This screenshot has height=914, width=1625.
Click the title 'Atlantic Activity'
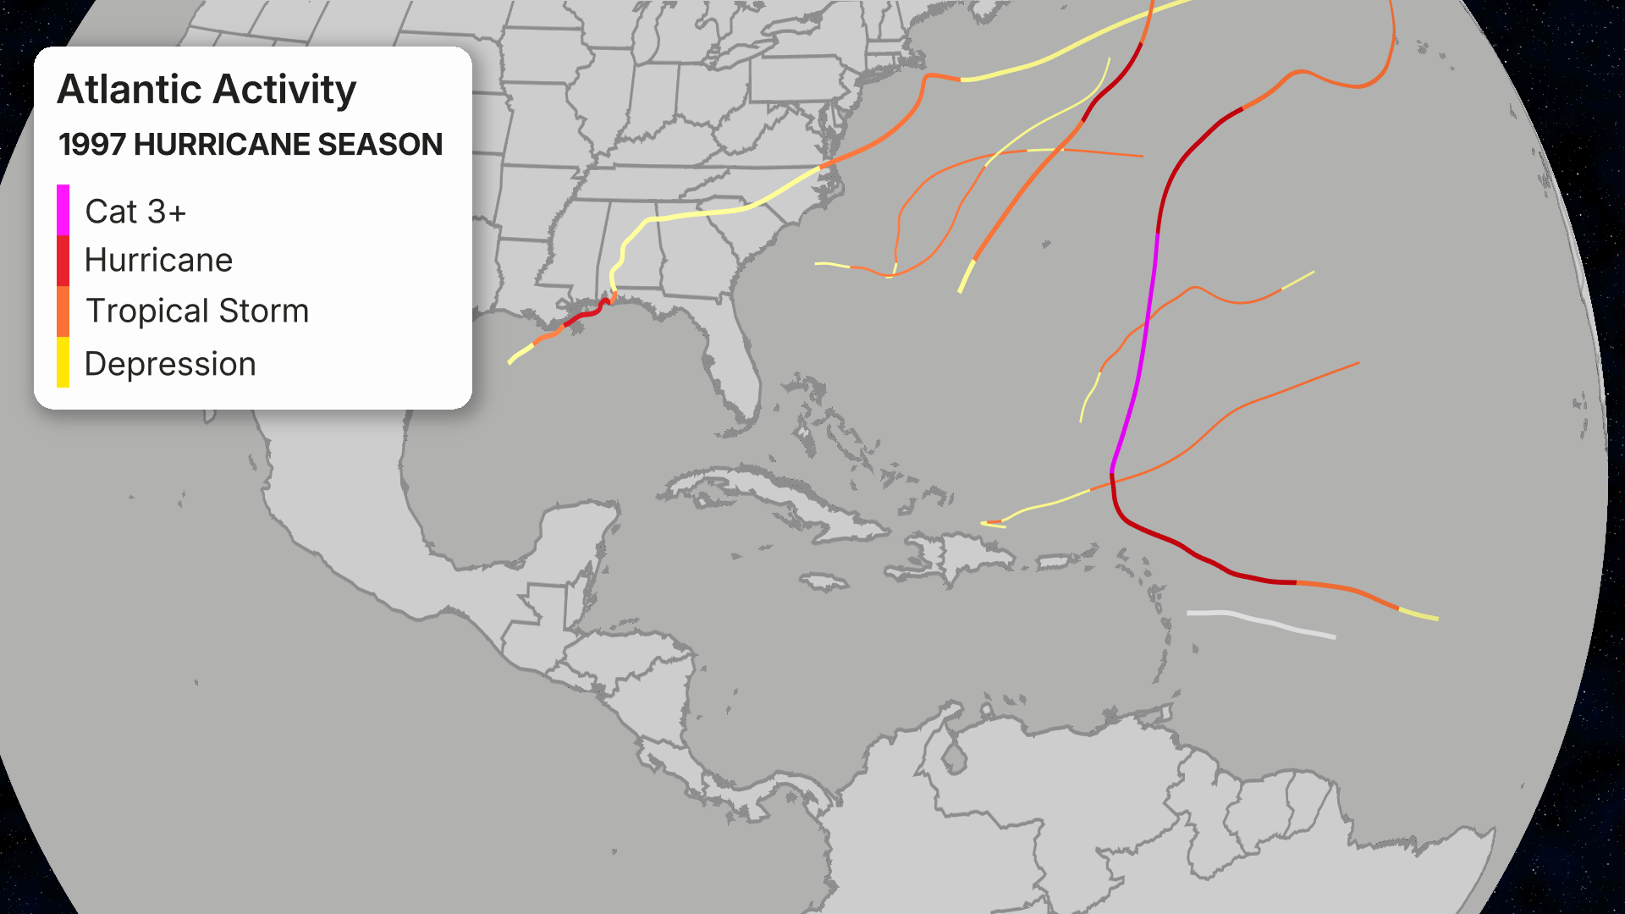[x=207, y=90]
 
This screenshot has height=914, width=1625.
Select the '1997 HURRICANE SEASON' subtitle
[x=251, y=145]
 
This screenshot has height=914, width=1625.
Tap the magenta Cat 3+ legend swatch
[x=63, y=210]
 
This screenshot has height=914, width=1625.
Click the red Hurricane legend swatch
[x=63, y=261]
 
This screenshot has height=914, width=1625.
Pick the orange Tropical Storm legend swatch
[x=63, y=311]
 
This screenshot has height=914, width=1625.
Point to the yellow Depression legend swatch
[x=63, y=362]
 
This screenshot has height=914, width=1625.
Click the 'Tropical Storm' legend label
[x=197, y=311]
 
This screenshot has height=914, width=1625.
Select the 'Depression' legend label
[x=170, y=364]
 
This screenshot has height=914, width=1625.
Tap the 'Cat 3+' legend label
[x=135, y=212]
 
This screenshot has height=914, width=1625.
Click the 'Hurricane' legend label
[x=158, y=261]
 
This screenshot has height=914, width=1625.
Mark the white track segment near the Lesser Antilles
[x=1261, y=622]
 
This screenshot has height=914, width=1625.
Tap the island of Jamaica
[x=824, y=582]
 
